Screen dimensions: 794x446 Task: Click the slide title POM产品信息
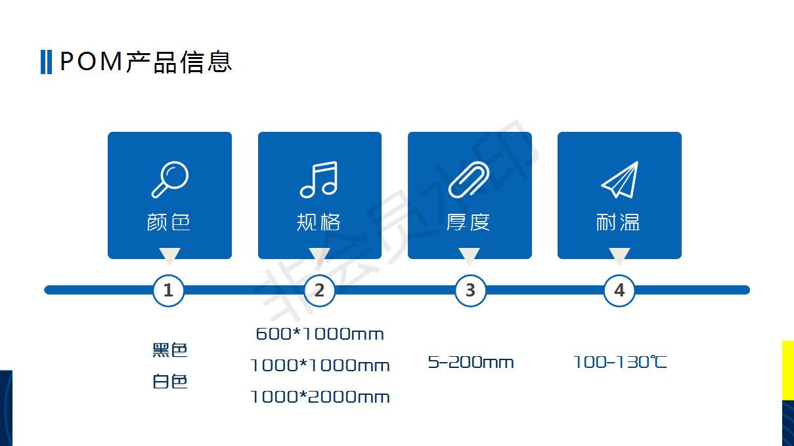coord(146,62)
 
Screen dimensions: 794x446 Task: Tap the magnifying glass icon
coord(169,180)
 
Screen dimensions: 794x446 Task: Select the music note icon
coord(319,180)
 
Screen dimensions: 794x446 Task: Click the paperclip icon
coord(469,180)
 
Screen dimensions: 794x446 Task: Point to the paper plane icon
coord(619,180)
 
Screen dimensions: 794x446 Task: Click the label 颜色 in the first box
coord(169,222)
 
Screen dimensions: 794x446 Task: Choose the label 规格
coord(319,222)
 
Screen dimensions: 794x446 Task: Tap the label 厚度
coord(468,222)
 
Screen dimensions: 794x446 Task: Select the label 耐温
coord(618,222)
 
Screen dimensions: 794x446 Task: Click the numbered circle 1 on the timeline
coord(169,290)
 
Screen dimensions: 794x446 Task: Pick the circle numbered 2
coord(319,290)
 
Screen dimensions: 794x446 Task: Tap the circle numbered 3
coord(470,290)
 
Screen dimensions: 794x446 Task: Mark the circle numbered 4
coord(619,290)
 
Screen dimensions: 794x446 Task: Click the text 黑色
coord(170,350)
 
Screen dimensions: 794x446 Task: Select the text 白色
coord(170,381)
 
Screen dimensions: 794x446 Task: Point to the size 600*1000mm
coord(320,334)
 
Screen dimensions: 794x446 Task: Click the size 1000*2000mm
coord(320,397)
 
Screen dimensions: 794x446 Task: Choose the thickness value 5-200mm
coord(471,362)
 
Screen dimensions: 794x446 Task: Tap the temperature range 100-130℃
coord(620,362)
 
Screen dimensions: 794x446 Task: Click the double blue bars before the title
coord(46,62)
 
